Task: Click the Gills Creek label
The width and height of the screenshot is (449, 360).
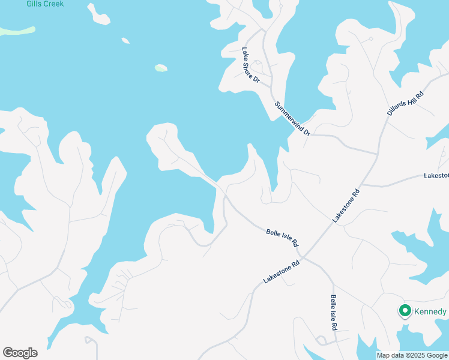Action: coord(45,4)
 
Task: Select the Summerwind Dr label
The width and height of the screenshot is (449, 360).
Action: coord(292,118)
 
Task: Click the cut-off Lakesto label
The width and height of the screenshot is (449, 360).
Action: coord(436,176)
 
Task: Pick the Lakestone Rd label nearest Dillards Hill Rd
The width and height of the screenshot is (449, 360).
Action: coord(346,205)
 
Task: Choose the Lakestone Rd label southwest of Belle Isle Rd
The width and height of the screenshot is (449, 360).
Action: coord(281,272)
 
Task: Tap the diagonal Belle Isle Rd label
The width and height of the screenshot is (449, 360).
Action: coord(282,237)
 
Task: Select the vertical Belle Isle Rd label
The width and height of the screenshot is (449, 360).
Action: coord(333,313)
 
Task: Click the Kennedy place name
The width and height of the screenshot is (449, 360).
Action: coord(430,312)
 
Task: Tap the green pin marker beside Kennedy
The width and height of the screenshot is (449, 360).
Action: coord(405,311)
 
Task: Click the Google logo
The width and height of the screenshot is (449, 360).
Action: coord(20,353)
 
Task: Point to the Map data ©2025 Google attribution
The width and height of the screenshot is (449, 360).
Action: coord(412,355)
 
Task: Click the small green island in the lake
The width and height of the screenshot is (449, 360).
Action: coord(161,68)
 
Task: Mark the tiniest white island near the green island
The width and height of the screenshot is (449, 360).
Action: coord(125,41)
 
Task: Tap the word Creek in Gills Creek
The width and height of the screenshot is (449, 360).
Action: coord(53,4)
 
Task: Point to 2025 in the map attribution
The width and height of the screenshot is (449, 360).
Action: coord(417,355)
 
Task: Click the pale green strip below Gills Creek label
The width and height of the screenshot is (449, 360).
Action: coord(17,31)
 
